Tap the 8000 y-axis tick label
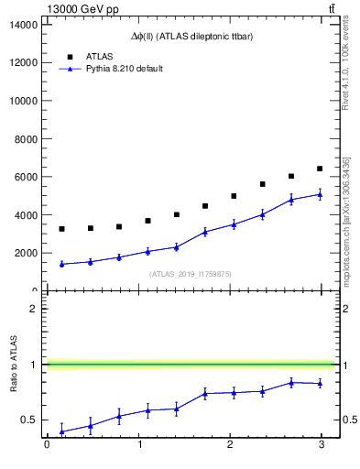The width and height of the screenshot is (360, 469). click(27, 138)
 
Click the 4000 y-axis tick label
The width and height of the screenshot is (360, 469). click(27, 215)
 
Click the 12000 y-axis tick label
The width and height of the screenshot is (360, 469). click(24, 62)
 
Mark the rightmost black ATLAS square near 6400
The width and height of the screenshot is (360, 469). click(320, 169)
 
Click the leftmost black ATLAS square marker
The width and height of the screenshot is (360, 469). click(61, 229)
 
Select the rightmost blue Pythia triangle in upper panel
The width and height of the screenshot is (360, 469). click(320, 194)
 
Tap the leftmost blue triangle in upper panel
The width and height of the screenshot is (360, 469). click(61, 264)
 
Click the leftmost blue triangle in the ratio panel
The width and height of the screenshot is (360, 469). click(61, 431)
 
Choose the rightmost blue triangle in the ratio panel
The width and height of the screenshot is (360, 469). click(320, 383)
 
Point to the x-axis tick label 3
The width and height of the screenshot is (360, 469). click(321, 446)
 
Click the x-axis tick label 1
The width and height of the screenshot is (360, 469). click(138, 446)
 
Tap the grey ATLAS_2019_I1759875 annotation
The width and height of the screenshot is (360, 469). click(191, 273)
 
